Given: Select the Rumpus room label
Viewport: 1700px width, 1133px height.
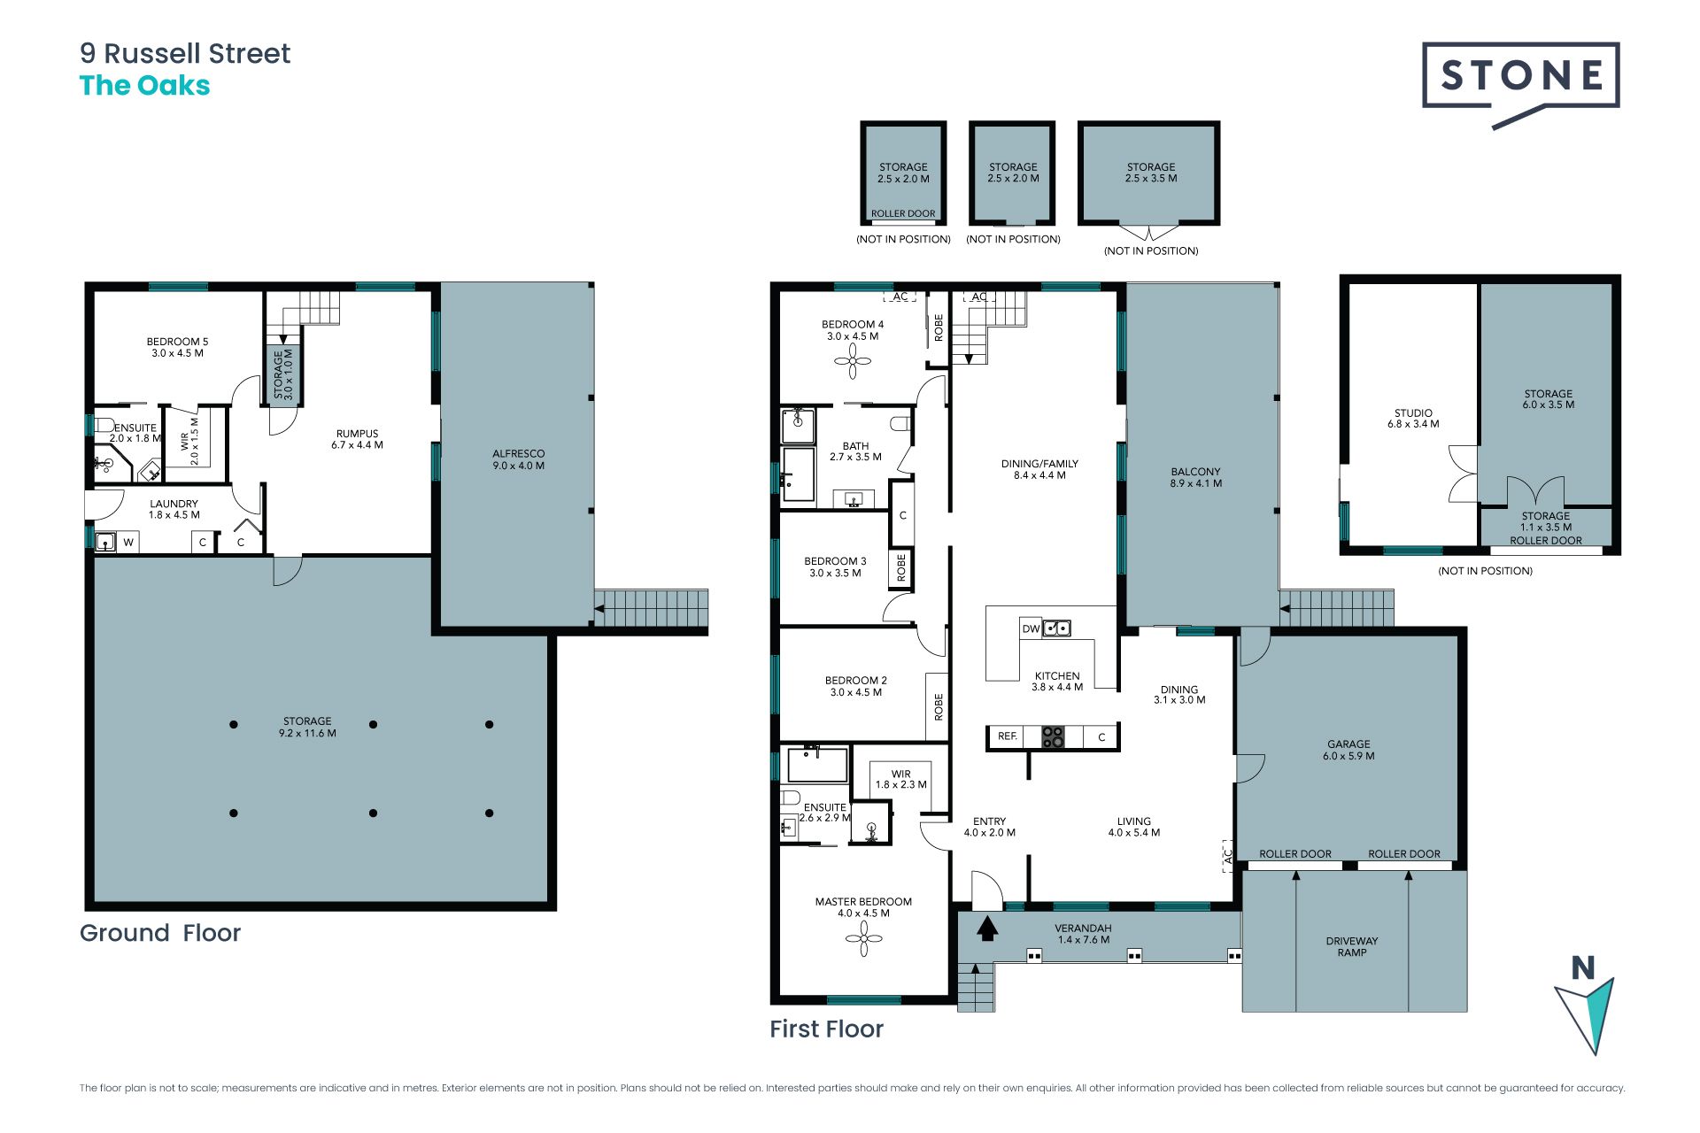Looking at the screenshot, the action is [x=358, y=439].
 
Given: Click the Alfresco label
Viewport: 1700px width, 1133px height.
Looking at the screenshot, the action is [x=519, y=459].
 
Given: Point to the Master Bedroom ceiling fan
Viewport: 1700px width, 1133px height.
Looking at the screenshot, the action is [x=863, y=938].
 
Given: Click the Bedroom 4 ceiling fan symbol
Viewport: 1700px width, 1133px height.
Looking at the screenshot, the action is [x=854, y=361].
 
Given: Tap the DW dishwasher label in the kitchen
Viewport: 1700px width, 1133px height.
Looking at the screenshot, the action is [x=1031, y=629].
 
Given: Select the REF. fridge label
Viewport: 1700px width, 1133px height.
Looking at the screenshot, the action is [x=1008, y=736].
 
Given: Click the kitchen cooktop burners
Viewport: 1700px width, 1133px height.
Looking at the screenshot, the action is [x=1053, y=737].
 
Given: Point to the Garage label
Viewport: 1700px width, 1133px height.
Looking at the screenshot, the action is [x=1348, y=750].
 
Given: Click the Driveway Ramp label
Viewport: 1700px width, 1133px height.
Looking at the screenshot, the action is [x=1352, y=946].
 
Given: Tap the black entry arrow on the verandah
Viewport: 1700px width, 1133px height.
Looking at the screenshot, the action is [x=987, y=928].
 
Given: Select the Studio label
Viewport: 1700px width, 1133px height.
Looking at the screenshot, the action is [x=1413, y=419].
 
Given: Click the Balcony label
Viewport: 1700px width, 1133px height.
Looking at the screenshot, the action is [x=1196, y=477].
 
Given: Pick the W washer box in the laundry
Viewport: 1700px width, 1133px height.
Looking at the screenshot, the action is [x=128, y=542].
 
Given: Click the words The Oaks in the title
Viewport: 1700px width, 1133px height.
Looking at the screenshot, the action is [x=145, y=86].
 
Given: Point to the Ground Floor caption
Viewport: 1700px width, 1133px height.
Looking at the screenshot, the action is [x=160, y=933].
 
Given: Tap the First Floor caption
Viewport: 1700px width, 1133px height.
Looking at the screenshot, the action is [x=826, y=1029].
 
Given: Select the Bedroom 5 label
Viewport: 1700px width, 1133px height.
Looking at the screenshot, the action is [x=178, y=347].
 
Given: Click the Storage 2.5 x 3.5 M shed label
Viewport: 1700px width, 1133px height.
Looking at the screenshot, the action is [x=1151, y=173].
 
